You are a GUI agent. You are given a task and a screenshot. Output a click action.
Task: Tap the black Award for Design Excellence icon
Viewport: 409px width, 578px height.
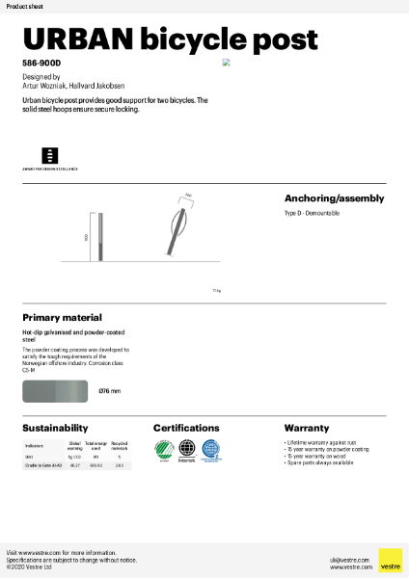click(x=49, y=155)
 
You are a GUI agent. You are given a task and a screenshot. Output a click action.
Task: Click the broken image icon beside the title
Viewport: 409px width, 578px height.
click(x=227, y=62)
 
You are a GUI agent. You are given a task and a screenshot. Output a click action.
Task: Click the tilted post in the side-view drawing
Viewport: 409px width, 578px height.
click(x=175, y=231)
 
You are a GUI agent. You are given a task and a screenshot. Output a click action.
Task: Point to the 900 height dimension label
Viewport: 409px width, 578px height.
click(x=86, y=236)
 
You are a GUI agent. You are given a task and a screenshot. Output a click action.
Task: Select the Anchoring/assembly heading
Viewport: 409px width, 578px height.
click(x=334, y=198)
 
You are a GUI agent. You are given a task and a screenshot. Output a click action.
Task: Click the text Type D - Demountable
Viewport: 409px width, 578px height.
click(x=312, y=212)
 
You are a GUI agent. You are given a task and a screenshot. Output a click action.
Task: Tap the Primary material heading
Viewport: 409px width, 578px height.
click(x=62, y=317)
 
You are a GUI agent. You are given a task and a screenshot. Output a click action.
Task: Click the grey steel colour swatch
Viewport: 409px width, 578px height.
click(x=54, y=390)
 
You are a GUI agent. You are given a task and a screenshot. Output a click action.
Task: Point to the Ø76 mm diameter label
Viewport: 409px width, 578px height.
click(x=110, y=391)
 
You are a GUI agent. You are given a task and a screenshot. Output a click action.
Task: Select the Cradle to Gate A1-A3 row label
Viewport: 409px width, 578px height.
click(x=42, y=465)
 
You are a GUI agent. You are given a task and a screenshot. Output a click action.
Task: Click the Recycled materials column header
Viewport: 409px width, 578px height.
click(x=120, y=447)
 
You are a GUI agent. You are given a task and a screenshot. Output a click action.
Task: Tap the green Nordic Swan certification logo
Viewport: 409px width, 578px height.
click(x=163, y=449)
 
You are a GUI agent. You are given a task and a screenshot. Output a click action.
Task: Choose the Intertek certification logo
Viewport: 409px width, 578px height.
click(x=187, y=450)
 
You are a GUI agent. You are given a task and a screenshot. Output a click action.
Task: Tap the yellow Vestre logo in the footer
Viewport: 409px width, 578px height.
click(x=390, y=561)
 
